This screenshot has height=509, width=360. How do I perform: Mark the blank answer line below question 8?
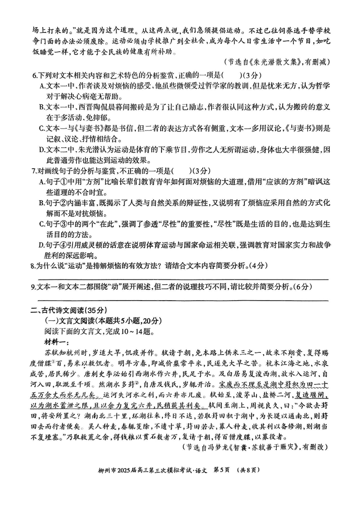[x=180, y=279]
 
